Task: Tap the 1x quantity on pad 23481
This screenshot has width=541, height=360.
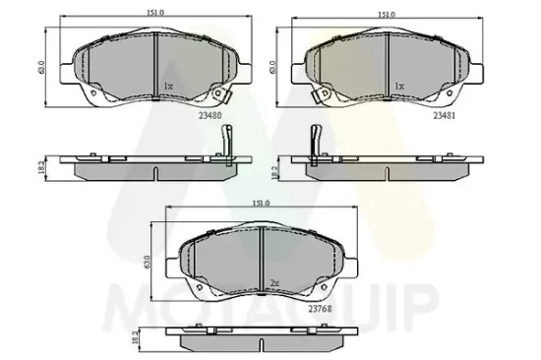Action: pos(398,87)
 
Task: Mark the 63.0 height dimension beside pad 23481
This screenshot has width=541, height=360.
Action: pos(273,69)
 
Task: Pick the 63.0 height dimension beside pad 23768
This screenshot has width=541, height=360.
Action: pos(147,263)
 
